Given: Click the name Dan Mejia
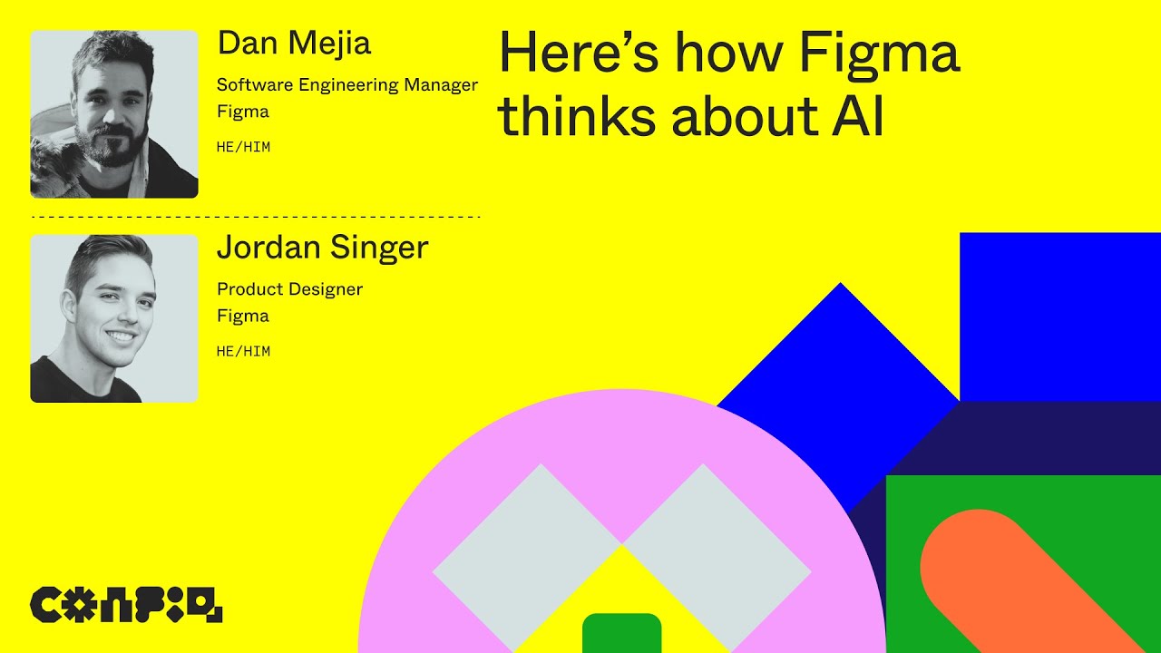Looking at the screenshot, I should click(294, 44).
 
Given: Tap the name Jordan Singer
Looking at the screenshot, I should click(322, 248).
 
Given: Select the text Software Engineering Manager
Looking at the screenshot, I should click(346, 85).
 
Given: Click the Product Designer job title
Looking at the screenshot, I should click(289, 289).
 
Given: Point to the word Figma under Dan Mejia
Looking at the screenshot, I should click(242, 112).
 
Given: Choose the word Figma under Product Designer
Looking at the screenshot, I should click(242, 317).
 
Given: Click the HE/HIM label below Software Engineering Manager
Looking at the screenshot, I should click(243, 147).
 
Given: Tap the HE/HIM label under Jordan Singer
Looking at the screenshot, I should click(243, 351).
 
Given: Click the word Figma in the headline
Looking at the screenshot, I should click(878, 55).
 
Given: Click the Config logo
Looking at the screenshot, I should click(126, 605).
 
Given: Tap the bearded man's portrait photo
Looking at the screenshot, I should click(114, 114).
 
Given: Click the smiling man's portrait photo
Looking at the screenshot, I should click(114, 318).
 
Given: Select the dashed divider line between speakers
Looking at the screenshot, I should click(256, 218).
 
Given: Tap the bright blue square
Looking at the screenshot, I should click(1059, 317).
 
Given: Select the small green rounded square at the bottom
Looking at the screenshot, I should click(621, 634).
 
